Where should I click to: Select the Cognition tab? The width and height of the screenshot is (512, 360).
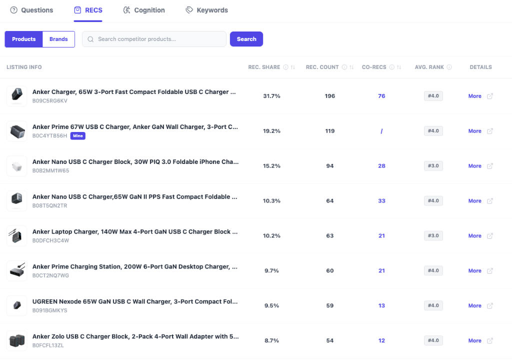(x=144, y=10)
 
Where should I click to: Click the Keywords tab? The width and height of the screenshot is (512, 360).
(x=206, y=10)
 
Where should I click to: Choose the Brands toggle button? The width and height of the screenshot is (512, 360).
(x=58, y=39)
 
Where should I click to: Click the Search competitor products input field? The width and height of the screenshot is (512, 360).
(x=155, y=39)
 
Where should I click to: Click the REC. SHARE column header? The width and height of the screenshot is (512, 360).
(x=264, y=67)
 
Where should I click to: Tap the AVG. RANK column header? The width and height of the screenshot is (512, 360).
(x=429, y=67)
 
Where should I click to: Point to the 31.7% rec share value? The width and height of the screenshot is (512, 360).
(x=271, y=96)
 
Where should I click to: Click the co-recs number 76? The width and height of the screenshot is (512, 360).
(x=381, y=96)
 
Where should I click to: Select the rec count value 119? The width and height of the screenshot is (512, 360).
(x=329, y=131)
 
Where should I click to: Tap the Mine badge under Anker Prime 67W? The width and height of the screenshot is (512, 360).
(x=77, y=136)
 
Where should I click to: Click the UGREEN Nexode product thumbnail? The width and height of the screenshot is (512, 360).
(x=16, y=305)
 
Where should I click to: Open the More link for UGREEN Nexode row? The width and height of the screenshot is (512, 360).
(x=474, y=305)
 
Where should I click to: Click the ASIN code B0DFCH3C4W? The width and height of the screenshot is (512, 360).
(x=50, y=240)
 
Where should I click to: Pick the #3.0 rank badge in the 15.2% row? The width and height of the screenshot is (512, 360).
(x=433, y=166)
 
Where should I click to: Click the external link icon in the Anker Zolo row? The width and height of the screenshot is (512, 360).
(x=490, y=340)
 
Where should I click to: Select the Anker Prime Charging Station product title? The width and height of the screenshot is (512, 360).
(x=134, y=266)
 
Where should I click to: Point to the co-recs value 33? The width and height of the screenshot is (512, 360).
(x=381, y=201)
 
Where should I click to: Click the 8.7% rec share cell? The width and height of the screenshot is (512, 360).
(x=271, y=340)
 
